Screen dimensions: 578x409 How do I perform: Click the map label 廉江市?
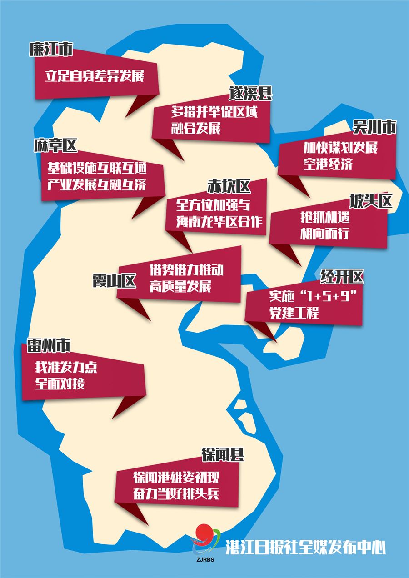[x=50, y=50]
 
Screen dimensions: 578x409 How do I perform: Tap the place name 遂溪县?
[x=250, y=94]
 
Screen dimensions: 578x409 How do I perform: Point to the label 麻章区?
[x=55, y=146]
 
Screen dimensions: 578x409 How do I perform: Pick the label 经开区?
[x=342, y=275]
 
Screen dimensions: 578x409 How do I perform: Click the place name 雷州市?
[x=49, y=346]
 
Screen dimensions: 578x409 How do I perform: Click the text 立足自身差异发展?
[x=95, y=75]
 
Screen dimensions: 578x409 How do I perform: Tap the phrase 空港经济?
[x=328, y=164]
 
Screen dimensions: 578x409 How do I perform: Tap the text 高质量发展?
[x=180, y=287]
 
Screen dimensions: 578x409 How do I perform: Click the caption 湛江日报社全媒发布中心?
[x=305, y=547]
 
